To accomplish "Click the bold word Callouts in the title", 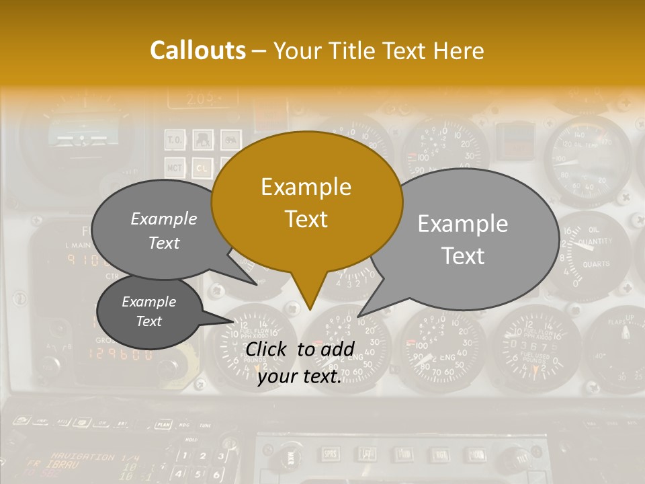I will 198,50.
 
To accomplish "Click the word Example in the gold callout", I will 306,186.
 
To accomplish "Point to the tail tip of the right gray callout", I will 358,316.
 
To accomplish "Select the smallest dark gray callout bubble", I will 149,312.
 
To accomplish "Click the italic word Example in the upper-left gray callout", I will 164,218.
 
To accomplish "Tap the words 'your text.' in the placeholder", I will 300,376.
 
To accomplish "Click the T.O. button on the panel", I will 173,140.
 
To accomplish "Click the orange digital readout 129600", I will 121,354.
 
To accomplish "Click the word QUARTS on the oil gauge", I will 597,264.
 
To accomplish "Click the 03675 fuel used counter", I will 533,346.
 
